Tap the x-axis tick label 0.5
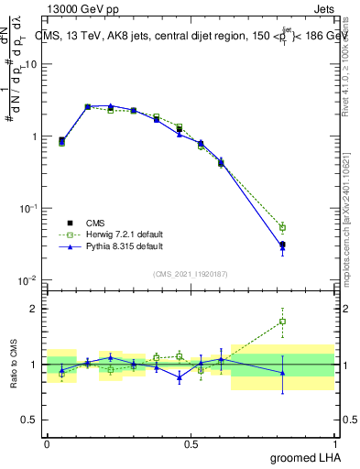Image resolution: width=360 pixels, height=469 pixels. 191,444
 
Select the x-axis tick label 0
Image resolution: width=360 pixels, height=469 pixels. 47,444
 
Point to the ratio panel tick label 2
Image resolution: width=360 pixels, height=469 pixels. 37,309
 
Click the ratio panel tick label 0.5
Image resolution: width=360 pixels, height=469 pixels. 32,420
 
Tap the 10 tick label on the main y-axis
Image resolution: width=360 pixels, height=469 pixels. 33,64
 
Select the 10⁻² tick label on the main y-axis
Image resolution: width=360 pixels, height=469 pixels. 30,280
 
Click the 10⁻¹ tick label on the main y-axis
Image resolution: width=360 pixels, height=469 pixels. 30,208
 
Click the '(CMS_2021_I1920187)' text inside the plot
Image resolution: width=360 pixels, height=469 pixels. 190,274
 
